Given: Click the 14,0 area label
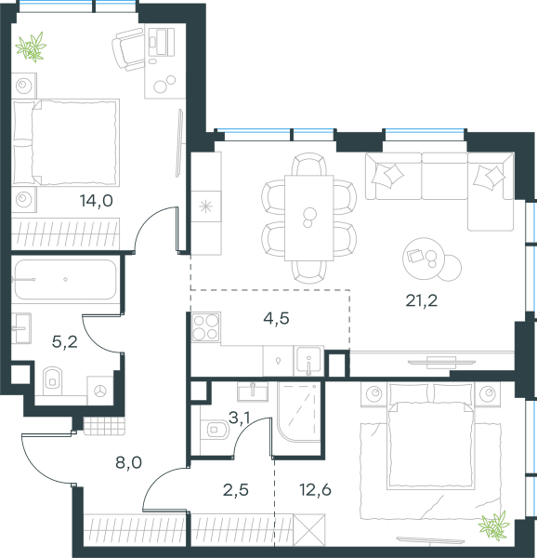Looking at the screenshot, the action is pos(97,201).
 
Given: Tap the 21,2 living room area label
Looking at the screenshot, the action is pos(422,300).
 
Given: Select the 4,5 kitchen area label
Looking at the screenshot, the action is pos(276,318).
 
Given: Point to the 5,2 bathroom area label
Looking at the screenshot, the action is pos(65,342).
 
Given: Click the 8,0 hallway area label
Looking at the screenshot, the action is pos(128,462).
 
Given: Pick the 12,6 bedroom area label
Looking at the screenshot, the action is pos(315,490).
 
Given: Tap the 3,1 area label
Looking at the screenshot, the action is pos(240,418).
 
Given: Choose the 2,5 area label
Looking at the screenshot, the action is pos(236,490).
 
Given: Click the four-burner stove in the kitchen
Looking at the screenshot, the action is pos(205,327).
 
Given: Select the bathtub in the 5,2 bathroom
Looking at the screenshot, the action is pos(65,280).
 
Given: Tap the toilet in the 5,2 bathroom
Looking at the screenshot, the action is pos(53,380).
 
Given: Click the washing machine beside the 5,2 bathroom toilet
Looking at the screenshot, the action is pos(100,391).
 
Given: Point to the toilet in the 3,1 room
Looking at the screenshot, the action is pos(215,430).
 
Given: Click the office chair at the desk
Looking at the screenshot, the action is pos(128,49).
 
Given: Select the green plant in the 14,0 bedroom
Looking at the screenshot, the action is pos(32,47).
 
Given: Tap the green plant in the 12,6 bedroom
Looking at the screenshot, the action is pos(494,525).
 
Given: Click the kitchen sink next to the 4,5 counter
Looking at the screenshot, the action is pos(308,361).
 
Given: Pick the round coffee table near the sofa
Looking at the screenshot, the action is pos(424,259).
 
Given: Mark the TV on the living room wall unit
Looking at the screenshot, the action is pos(441,363).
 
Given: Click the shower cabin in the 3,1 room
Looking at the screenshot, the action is pos(299,412).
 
